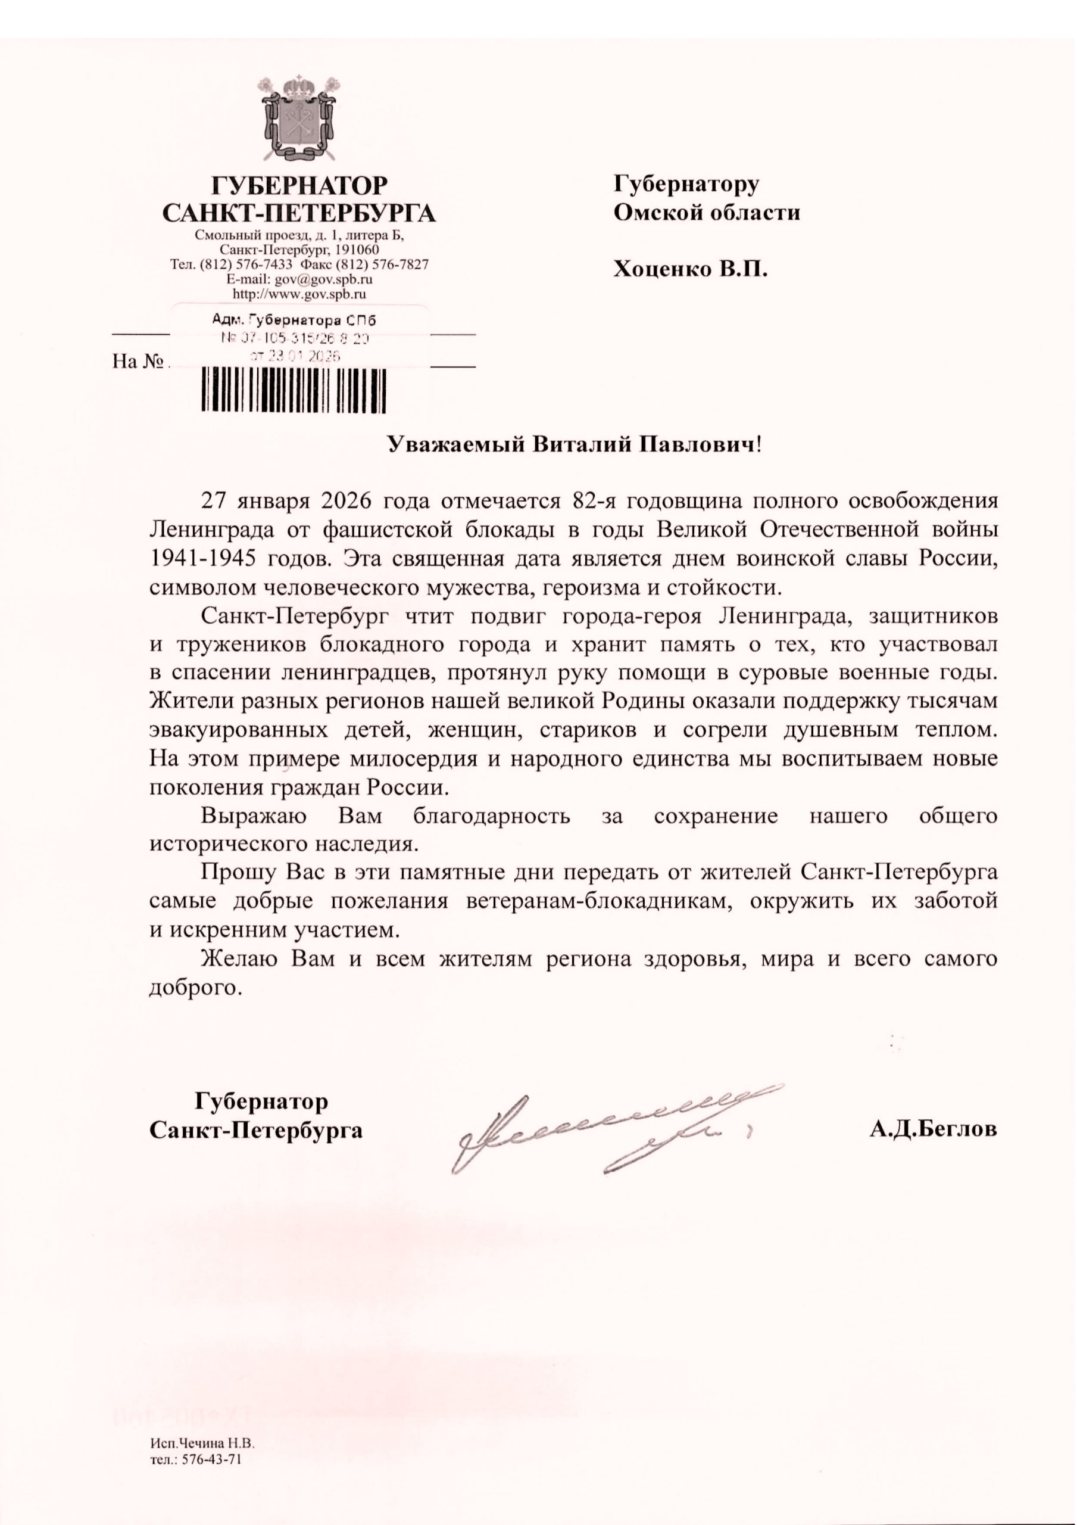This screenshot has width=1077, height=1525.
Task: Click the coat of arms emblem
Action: [x=299, y=119]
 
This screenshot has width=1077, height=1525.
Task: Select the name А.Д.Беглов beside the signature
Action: [x=933, y=1129]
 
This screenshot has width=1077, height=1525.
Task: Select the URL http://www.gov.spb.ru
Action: [x=299, y=294]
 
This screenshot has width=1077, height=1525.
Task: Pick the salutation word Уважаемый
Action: [x=455, y=444]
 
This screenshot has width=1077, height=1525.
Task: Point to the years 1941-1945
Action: [x=202, y=558]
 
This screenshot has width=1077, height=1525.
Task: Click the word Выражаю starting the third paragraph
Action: [x=254, y=816]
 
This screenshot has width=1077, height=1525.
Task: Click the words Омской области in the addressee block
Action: [x=707, y=213]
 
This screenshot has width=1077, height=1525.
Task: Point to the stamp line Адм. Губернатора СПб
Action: [x=294, y=320]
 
